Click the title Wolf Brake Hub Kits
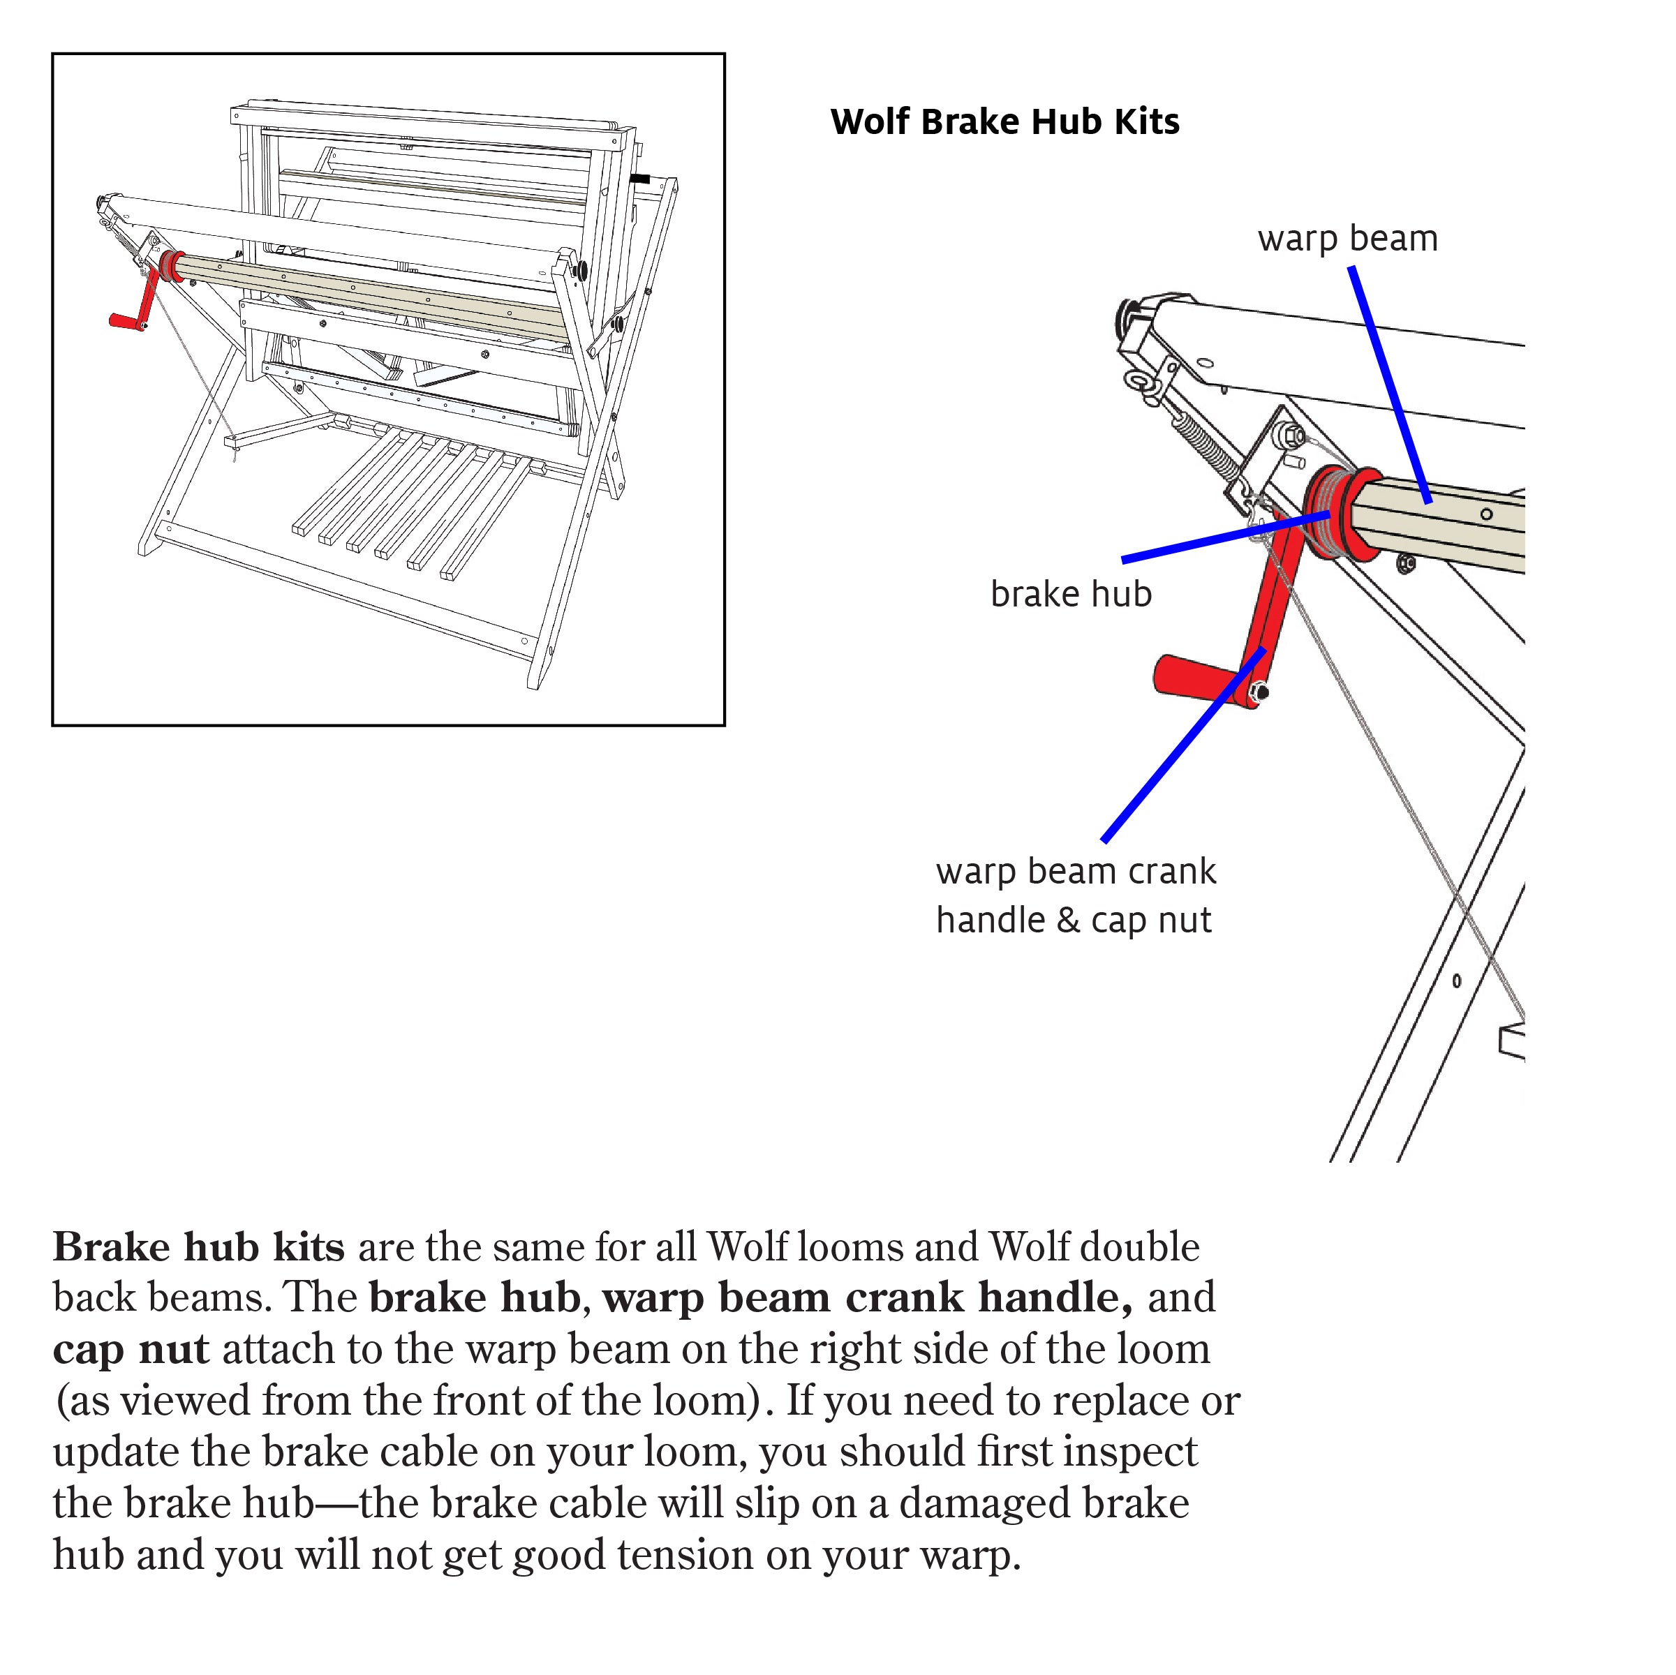pyautogui.click(x=1004, y=121)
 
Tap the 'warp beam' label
pyautogui.click(x=1347, y=239)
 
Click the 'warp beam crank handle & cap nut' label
pyautogui.click(x=1075, y=896)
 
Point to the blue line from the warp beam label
pyautogui.click(x=1388, y=382)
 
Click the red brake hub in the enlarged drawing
pyautogui.click(x=1340, y=514)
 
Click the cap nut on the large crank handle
pyautogui.click(x=1259, y=692)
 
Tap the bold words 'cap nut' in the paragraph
pyautogui.click(x=130, y=1350)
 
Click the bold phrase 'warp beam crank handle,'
pyautogui.click(x=867, y=1299)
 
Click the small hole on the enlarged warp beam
pyautogui.click(x=1486, y=514)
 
